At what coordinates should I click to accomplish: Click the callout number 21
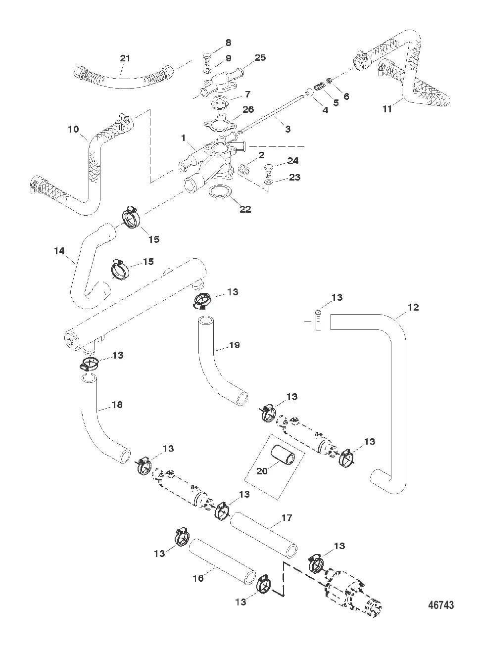coord(126,58)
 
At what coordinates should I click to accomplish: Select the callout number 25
coord(260,57)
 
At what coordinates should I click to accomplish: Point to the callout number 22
coord(245,209)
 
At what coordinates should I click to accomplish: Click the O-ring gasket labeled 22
coord(220,192)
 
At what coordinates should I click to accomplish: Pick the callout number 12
coord(413,307)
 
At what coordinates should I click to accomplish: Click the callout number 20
coord(262,470)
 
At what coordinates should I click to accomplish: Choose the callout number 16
coord(198,578)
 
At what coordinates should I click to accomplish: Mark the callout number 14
coord(59,251)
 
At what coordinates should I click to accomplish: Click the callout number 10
coord(73,130)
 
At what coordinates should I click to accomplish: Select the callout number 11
coord(387,108)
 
